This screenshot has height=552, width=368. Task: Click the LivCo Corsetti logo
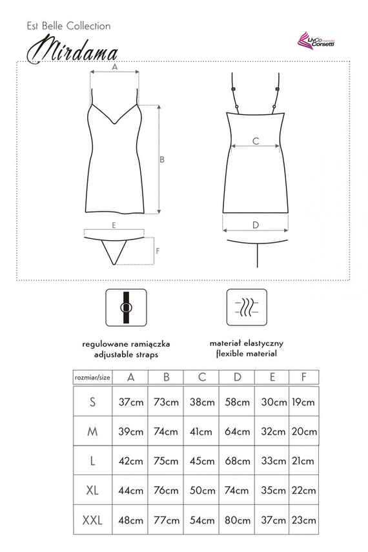click(316, 41)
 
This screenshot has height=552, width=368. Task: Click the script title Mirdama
click(72, 52)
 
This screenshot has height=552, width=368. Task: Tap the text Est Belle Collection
click(68, 26)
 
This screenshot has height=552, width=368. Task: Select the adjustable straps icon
click(126, 307)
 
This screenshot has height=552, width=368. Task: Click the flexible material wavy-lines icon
click(247, 307)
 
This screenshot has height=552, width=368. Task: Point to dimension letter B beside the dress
click(162, 159)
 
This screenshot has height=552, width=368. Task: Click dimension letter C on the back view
click(256, 141)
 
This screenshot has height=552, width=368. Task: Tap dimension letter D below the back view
click(256, 225)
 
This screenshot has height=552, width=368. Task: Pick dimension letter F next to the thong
click(158, 250)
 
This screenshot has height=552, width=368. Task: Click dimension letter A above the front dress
click(115, 67)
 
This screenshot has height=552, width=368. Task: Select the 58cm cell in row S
click(237, 402)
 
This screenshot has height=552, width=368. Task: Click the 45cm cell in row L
click(202, 461)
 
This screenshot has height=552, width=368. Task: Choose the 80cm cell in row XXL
click(237, 520)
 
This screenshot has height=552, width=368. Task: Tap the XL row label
click(92, 490)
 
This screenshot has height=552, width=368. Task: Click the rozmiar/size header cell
click(92, 378)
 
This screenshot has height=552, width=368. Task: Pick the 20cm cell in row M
click(304, 431)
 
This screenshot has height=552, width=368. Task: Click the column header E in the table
click(272, 378)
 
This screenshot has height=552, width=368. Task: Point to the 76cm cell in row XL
click(166, 490)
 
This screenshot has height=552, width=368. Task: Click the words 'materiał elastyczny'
click(247, 343)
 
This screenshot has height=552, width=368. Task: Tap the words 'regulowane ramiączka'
click(126, 344)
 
